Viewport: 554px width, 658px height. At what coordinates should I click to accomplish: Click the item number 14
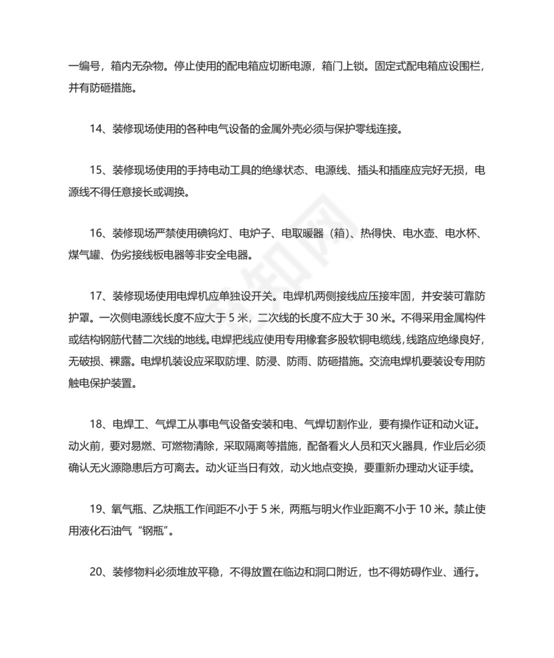(96, 129)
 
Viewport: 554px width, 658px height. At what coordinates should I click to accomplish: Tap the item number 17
(96, 296)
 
